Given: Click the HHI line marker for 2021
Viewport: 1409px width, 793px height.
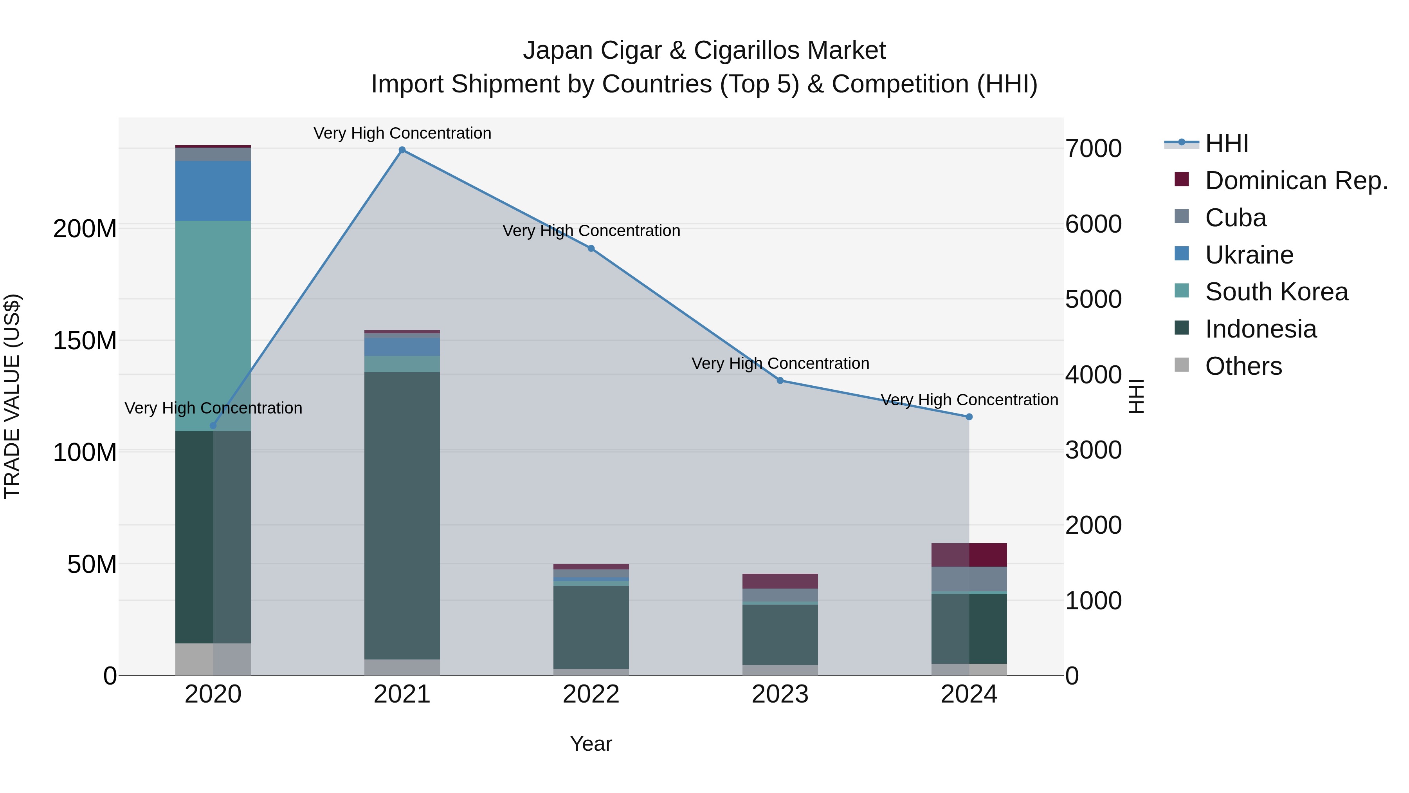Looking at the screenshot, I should click(x=402, y=150).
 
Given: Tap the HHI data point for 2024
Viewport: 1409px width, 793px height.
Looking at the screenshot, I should click(x=969, y=417).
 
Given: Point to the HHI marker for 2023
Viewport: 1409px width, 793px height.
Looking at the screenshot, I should click(x=780, y=380).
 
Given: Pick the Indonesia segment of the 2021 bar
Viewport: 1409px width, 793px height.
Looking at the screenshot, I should click(x=402, y=515).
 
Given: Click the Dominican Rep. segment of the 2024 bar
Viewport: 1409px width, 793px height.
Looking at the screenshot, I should click(x=969, y=555).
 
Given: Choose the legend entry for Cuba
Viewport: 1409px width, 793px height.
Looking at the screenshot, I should click(x=1236, y=218).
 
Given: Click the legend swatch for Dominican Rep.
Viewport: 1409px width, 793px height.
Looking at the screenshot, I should click(x=1182, y=179).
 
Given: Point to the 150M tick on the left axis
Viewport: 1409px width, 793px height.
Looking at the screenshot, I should click(x=85, y=341).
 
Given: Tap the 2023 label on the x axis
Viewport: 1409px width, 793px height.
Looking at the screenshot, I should click(x=780, y=694).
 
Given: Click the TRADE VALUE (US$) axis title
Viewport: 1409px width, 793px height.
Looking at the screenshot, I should click(x=12, y=396).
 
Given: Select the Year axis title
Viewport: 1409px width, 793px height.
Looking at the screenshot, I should click(x=591, y=744).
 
